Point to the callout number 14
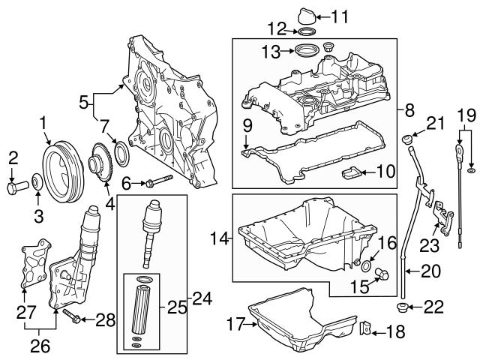coord(218,238)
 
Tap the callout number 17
coord(237,324)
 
